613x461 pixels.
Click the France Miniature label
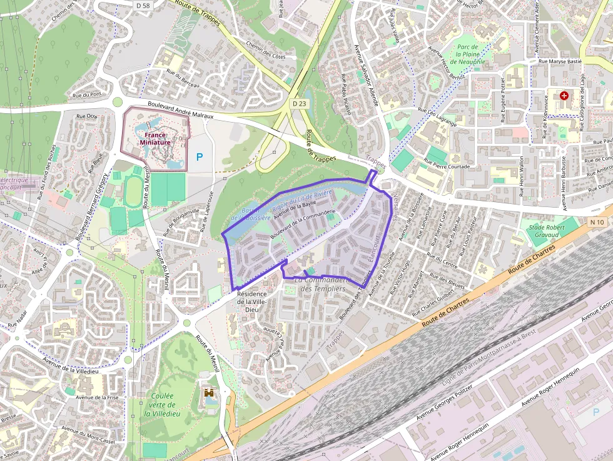tap(154, 138)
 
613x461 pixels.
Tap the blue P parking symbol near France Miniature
tap(200, 157)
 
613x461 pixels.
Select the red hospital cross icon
tap(565, 96)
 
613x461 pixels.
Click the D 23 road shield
tap(298, 103)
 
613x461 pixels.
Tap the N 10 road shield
tap(595, 221)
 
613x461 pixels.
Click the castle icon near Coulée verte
tap(209, 393)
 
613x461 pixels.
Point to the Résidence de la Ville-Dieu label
tap(251, 301)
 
